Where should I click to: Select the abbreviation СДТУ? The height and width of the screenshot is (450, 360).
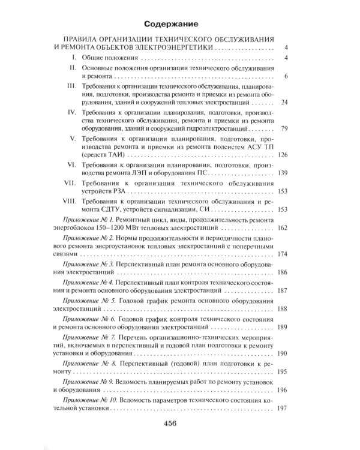[115, 210]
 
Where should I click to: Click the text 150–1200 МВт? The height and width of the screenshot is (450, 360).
[129, 228]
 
